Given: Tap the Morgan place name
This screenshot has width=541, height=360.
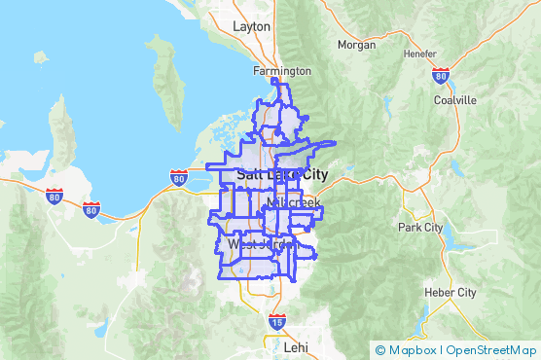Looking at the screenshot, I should click(x=356, y=45).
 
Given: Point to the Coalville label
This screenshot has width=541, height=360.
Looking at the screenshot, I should click(x=455, y=100).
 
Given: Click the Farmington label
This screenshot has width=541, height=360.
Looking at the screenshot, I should click(x=282, y=71).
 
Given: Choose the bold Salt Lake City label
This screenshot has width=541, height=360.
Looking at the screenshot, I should click(x=282, y=174).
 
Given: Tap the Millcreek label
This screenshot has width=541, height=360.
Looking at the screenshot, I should click(x=293, y=202).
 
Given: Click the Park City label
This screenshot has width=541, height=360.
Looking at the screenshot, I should click(x=420, y=227).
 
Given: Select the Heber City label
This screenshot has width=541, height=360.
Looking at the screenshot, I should click(x=451, y=292).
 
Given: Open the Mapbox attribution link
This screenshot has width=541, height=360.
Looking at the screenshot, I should click(x=412, y=350).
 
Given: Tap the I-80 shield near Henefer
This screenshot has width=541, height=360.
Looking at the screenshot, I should click(x=441, y=75).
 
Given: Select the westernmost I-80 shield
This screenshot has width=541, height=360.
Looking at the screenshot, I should click(x=54, y=197).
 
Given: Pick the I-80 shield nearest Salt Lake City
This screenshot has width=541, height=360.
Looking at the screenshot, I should click(x=178, y=178).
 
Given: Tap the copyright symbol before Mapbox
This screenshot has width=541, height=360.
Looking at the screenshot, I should click(x=379, y=350).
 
